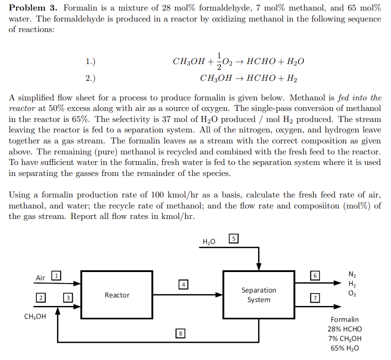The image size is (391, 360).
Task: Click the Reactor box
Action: (117, 295)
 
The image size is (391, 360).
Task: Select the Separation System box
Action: (259, 295)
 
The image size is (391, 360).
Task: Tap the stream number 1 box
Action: (56, 275)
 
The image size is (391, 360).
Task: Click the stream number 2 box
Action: (42, 298)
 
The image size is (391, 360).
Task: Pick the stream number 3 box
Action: (68, 298)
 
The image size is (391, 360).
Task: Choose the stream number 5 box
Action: (233, 239)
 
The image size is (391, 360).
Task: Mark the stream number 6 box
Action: (315, 276)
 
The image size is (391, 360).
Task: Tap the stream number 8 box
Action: (181, 333)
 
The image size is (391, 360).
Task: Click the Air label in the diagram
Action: (41, 278)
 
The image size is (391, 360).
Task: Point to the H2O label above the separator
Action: (209, 242)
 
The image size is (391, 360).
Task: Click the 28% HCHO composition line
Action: (345, 329)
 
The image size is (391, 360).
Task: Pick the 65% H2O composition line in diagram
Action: (345, 348)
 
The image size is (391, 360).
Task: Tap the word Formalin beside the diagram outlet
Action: (345, 319)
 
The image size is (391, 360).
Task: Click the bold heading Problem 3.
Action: (33, 8)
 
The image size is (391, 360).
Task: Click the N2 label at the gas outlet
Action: (352, 274)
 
